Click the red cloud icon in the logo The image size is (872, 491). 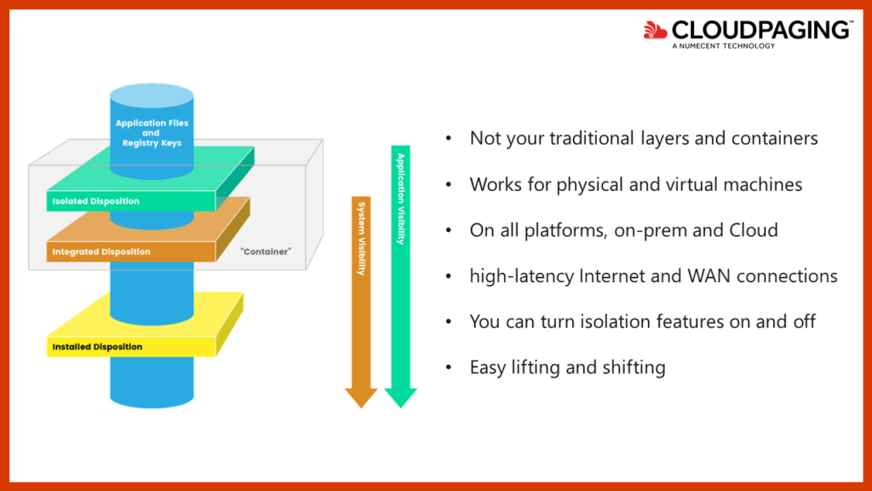(655, 30)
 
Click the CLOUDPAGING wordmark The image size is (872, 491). (761, 30)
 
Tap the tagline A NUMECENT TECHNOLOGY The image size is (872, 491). (723, 46)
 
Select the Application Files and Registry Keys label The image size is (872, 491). (152, 133)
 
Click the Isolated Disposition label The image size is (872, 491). (95, 201)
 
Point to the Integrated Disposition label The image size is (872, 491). (101, 251)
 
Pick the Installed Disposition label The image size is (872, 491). (97, 347)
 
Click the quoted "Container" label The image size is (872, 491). (266, 251)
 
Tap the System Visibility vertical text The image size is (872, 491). (361, 239)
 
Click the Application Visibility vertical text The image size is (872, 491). (400, 199)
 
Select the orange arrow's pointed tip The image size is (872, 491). (361, 408)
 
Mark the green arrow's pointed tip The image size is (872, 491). (400, 408)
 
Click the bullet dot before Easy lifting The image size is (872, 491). (449, 367)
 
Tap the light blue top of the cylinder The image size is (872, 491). (152, 95)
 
